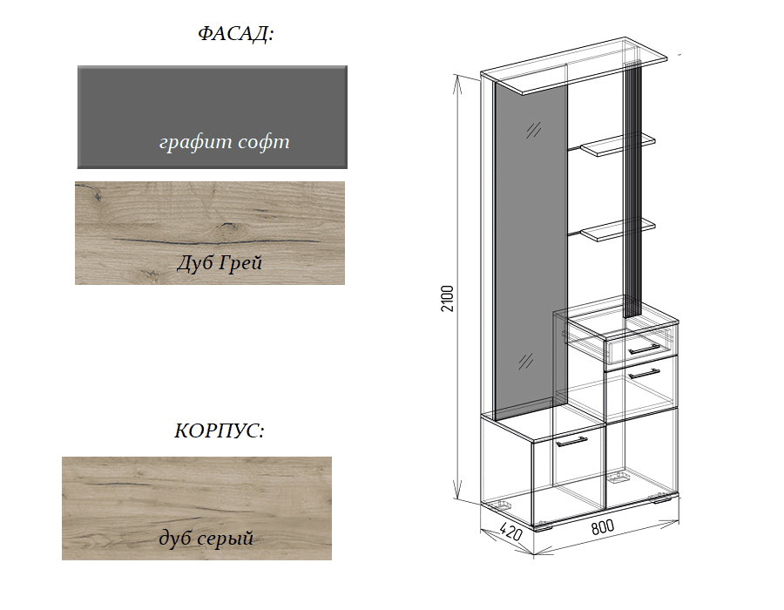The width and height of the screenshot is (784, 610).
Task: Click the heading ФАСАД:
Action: click(235, 33)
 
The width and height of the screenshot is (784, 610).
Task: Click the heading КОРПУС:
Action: click(219, 430)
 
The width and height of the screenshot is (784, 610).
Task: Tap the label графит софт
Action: click(224, 142)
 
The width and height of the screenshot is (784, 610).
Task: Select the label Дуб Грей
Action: click(219, 263)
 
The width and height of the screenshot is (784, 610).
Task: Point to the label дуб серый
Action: click(206, 539)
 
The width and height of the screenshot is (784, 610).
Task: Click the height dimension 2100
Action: click(447, 299)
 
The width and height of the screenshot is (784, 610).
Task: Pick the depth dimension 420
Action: click(510, 532)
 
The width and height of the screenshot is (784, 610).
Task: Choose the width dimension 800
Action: click(603, 527)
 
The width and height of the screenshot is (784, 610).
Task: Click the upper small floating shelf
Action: click(618, 145)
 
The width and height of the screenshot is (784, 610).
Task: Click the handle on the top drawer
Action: click(644, 349)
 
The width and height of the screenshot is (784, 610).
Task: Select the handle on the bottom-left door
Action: click(571, 442)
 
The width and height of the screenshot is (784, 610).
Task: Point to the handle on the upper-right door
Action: click(644, 374)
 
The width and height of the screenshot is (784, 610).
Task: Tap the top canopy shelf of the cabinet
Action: click(574, 65)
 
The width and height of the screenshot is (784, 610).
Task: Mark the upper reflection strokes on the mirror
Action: click(533, 130)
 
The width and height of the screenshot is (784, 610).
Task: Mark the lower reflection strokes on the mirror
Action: click(525, 361)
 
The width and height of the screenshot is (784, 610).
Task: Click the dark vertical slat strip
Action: click(632, 189)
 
